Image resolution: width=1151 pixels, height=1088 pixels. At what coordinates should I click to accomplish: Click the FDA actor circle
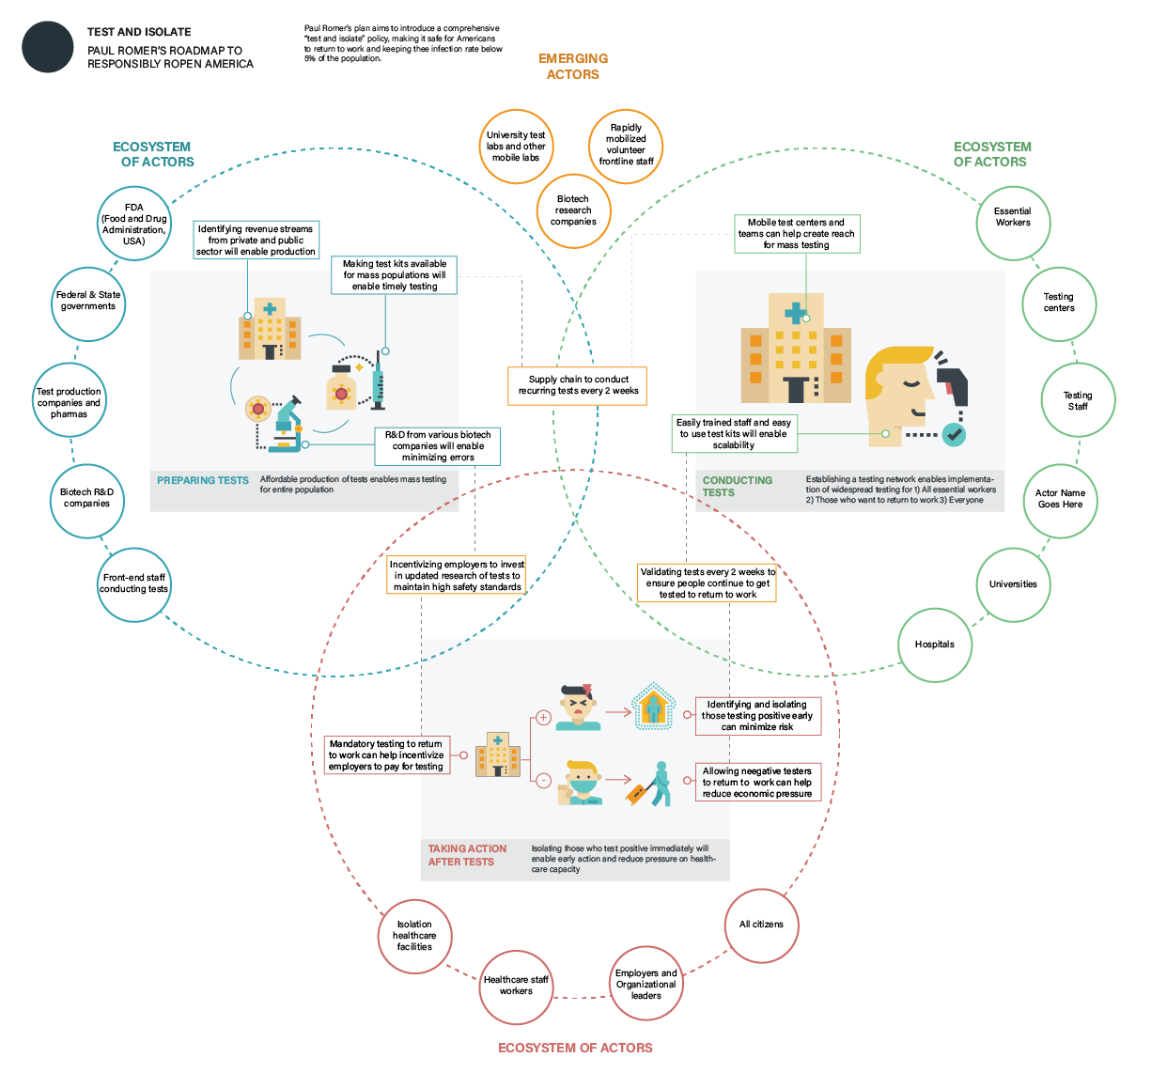pos(134,224)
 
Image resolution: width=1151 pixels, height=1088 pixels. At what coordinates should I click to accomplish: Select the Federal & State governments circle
pos(88,302)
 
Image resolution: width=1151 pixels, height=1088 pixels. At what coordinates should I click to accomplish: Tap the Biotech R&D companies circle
pos(86,499)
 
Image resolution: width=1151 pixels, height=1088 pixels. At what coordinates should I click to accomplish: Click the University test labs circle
pos(516,147)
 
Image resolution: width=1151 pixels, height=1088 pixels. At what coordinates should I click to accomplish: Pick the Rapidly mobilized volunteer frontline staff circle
pos(626,145)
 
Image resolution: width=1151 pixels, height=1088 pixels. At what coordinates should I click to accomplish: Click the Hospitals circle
pos(934,645)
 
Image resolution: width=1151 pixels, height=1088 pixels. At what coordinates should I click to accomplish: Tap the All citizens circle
pos(761,925)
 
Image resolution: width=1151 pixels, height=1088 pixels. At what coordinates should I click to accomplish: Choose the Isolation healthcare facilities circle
pos(414,936)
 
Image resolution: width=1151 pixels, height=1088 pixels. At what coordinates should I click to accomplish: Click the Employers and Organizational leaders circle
pos(645,985)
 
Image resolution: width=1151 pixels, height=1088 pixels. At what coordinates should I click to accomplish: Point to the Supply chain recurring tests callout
pos(578,385)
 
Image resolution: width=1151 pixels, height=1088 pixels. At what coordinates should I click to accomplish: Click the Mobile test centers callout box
pos(797,234)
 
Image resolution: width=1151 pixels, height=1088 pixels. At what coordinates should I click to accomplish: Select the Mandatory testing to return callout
pos(386,755)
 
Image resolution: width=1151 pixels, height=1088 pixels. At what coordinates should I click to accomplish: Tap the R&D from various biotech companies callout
pos(438,446)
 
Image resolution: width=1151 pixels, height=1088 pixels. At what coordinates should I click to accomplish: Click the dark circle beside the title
pos(48,47)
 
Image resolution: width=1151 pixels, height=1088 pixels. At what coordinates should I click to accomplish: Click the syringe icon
pos(379,381)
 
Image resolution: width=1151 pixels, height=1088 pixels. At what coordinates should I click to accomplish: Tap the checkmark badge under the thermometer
pos(954,434)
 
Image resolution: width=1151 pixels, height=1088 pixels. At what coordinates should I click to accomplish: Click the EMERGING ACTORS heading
pos(573,67)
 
